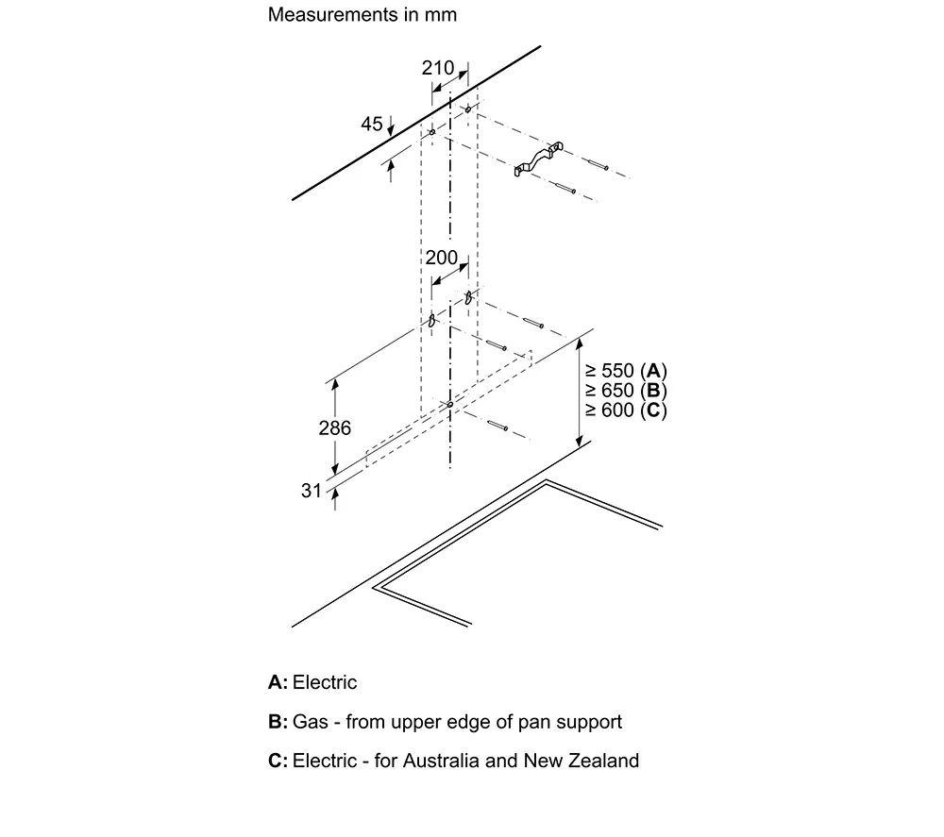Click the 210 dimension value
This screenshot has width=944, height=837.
438,68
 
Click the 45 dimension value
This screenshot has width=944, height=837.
371,124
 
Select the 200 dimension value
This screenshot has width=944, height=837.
441,258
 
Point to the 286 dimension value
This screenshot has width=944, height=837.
335,427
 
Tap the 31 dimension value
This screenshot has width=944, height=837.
312,491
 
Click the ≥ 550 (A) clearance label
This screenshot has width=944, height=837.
626,371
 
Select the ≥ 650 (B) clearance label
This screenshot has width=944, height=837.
626,391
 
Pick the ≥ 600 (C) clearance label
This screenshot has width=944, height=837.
626,410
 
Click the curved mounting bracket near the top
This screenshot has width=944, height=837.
538,159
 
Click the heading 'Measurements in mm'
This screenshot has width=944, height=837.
362,14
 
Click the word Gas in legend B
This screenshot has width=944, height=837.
310,722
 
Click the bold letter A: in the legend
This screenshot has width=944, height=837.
278,682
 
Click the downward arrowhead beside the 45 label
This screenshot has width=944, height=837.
391,130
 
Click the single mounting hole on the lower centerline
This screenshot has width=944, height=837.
449,405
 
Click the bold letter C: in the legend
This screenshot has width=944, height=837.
278,761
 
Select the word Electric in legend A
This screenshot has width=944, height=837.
325,682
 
